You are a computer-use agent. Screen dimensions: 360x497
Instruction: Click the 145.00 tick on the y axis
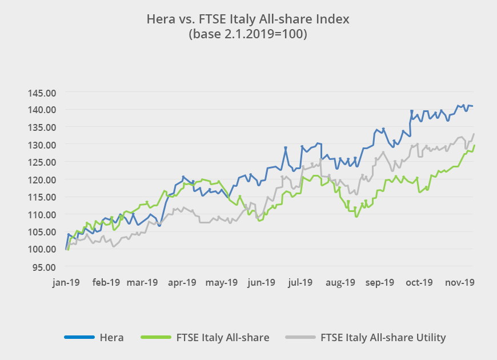click(41, 92)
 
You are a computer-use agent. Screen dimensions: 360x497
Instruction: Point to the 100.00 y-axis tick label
click(41, 249)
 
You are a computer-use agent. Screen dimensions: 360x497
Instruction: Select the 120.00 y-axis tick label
click(41, 179)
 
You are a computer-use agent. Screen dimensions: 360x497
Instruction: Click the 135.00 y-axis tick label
click(41, 127)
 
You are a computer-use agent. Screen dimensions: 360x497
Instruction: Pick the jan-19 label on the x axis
click(66, 282)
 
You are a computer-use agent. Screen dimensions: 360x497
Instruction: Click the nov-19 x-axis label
click(460, 282)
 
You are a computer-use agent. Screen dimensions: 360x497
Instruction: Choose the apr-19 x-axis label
click(183, 282)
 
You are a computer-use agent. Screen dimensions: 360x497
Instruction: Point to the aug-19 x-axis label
click(342, 282)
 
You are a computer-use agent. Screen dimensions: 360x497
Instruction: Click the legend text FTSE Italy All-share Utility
click(383, 338)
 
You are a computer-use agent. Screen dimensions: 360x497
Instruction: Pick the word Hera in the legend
click(111, 338)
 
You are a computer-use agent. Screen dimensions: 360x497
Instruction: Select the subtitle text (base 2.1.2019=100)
click(248, 34)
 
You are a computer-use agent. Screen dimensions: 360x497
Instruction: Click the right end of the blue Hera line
click(473, 106)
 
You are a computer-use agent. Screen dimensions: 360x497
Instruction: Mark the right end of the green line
click(474, 145)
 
